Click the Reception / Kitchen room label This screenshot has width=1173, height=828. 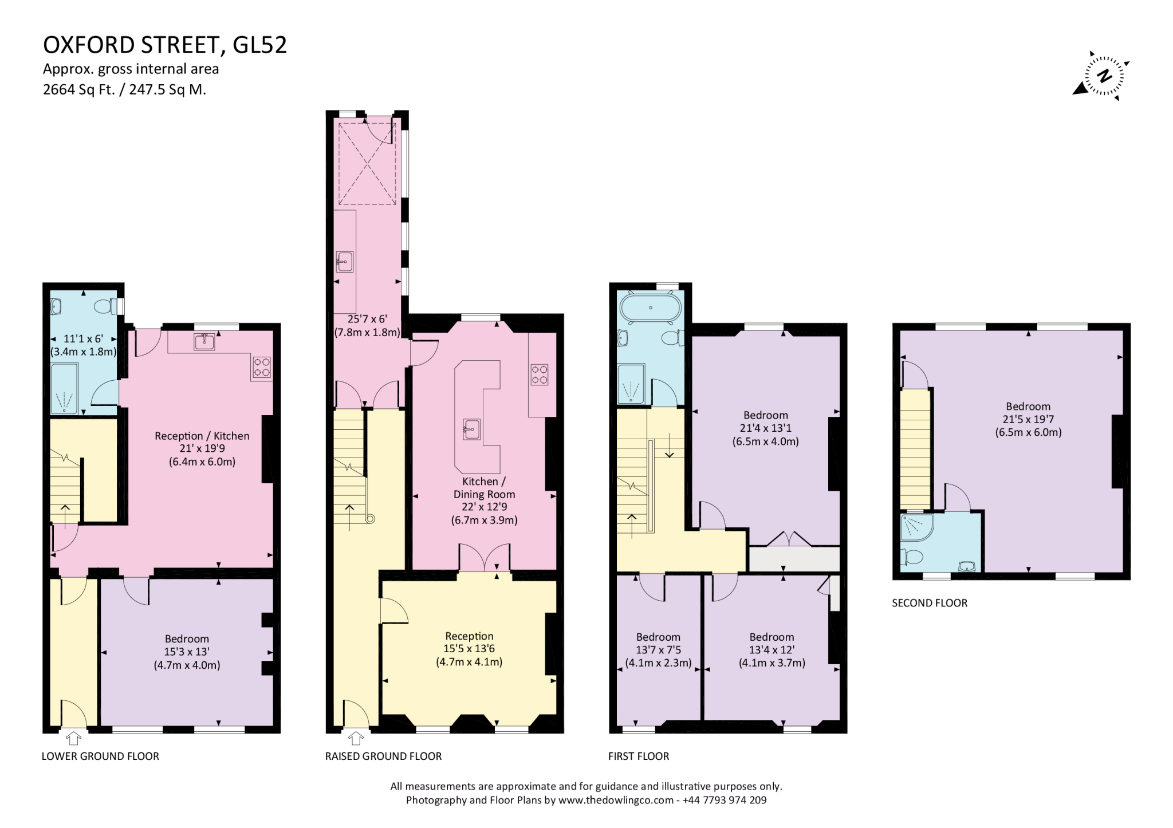coord(202,448)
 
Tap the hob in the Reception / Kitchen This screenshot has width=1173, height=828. coord(262,366)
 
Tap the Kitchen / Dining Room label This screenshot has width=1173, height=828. coord(484,500)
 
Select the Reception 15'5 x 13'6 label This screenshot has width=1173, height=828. coord(469,649)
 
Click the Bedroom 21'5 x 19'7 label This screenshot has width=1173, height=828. coord(1028,419)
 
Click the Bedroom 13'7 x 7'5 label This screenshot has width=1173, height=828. coord(658,650)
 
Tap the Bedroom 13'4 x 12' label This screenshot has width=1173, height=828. coord(771,650)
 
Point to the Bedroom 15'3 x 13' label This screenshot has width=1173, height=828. coord(187,652)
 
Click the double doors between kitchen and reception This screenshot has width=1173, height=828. coord(485,558)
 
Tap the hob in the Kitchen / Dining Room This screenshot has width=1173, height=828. coord(539,374)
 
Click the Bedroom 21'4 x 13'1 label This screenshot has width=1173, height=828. coord(765,428)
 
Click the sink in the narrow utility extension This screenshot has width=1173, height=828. coord(345,262)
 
